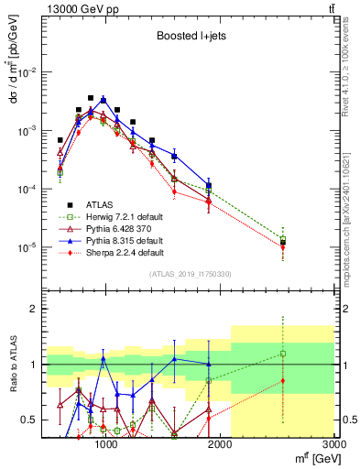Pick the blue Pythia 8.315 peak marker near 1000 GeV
coord(104,100)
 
